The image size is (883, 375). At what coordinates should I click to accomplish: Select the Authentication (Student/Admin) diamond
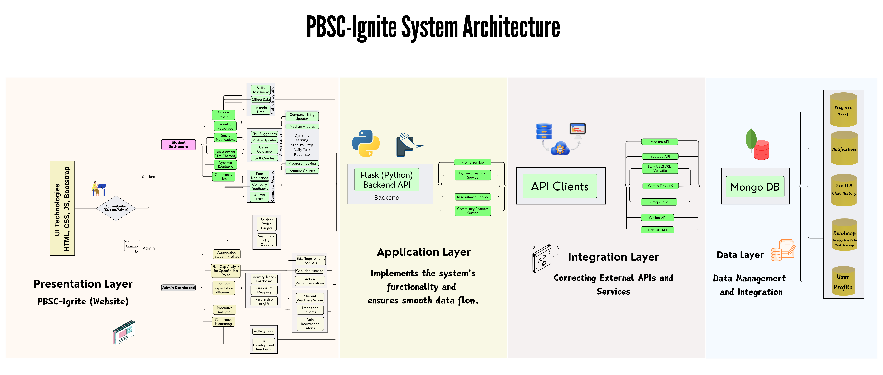tap(116, 208)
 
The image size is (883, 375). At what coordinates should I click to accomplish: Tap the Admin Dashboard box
tap(178, 288)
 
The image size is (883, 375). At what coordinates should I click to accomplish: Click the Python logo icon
tap(366, 143)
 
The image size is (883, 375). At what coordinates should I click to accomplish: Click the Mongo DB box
tap(755, 187)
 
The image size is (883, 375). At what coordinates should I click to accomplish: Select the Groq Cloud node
tap(659, 202)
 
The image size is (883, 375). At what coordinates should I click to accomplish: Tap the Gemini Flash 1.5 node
tap(660, 186)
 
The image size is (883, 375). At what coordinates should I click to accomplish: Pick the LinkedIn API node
tap(657, 230)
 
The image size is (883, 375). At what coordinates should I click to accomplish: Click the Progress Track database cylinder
tap(843, 110)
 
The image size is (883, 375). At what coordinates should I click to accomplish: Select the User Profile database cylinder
tap(843, 282)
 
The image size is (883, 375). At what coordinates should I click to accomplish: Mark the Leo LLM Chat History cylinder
tap(844, 189)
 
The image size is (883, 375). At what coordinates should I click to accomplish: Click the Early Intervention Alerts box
tap(310, 324)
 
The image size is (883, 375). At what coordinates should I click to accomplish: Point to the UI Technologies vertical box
tap(62, 208)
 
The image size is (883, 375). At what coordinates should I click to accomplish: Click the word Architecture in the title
tap(511, 27)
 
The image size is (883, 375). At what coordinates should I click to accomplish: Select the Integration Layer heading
tap(613, 257)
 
